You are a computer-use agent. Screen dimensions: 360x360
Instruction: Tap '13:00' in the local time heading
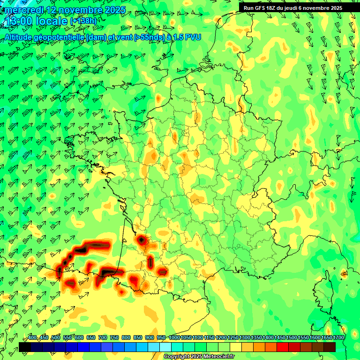point(18,21)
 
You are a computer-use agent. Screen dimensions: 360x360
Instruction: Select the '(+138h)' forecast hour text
point(84,22)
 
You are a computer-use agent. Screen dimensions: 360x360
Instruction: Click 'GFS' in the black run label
point(262,8)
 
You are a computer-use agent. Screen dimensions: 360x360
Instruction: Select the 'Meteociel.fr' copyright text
point(217,357)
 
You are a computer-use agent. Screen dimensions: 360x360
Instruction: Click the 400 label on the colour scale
point(32,337)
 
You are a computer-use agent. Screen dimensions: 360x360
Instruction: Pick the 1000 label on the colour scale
point(174,337)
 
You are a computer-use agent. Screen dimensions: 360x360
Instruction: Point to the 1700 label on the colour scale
point(338,337)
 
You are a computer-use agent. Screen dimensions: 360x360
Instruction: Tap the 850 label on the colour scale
point(138,337)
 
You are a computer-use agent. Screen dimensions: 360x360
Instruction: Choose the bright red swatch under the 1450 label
point(283,347)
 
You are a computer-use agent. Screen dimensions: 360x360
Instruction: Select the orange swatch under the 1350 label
point(259,347)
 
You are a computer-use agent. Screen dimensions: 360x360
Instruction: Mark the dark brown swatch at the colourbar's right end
point(330,347)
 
